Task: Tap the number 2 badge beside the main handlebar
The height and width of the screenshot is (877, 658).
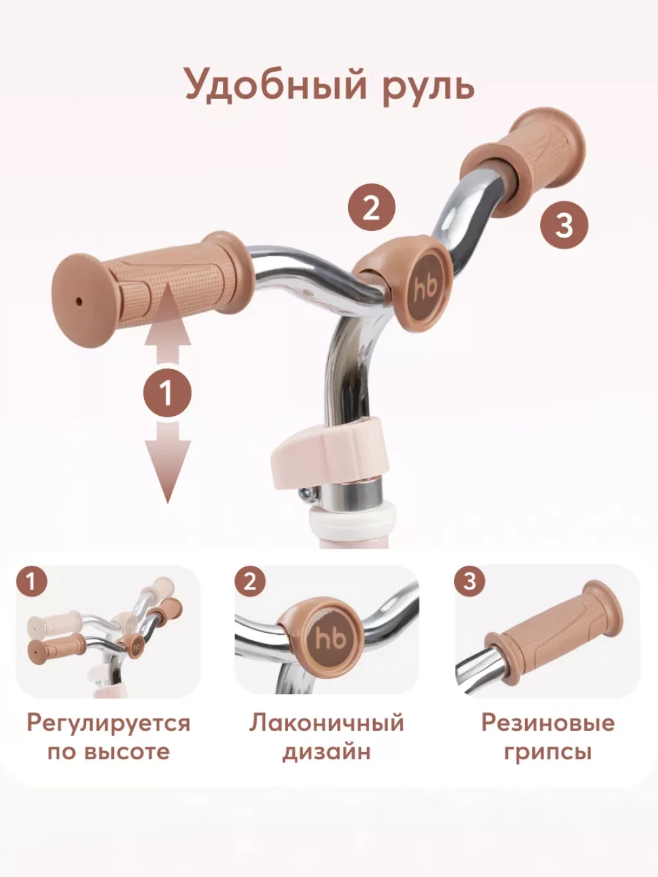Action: coord(372,207)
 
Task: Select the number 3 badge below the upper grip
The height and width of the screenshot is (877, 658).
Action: coord(564,225)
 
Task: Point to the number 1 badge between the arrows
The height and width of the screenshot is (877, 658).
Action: coord(167,393)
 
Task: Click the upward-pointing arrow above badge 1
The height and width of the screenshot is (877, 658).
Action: coord(168,324)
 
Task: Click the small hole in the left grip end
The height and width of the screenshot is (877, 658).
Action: coord(80,301)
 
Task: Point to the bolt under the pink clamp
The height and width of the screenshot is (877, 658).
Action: coord(308,494)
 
